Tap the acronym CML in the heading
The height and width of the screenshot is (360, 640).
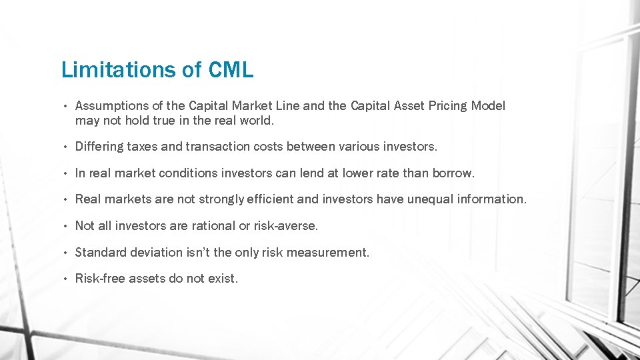pos(231,69)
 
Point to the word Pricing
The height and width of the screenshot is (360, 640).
pos(447,106)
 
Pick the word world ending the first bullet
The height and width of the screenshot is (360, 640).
pos(257,121)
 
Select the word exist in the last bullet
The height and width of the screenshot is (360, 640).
pos(222,279)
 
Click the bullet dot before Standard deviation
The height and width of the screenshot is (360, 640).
pos(67,253)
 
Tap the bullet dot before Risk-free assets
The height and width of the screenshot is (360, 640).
pos(67,279)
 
